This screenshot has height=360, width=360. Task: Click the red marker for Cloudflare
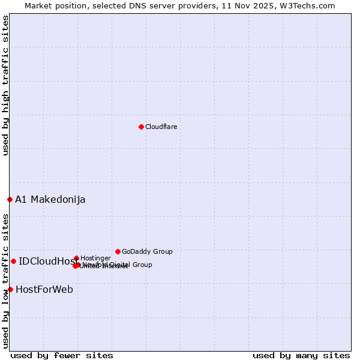click(141, 127)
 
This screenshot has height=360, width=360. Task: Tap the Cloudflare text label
click(161, 127)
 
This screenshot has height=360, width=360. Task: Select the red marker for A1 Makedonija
click(10, 199)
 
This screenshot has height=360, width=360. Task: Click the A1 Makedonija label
click(50, 199)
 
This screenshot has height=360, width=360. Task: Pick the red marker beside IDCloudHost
click(13, 261)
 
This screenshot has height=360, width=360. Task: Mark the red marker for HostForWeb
click(10, 289)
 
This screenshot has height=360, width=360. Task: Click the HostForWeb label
click(44, 289)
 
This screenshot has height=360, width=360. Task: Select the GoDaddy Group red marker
click(118, 251)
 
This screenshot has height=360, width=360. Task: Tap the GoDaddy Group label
click(147, 251)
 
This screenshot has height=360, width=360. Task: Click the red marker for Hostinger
click(76, 258)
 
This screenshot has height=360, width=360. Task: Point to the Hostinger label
click(95, 258)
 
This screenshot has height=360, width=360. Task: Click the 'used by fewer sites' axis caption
click(62, 355)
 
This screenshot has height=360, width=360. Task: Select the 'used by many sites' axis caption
click(301, 355)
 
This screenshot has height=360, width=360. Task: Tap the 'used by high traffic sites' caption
click(5, 85)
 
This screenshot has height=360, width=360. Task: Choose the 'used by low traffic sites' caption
click(5, 281)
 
